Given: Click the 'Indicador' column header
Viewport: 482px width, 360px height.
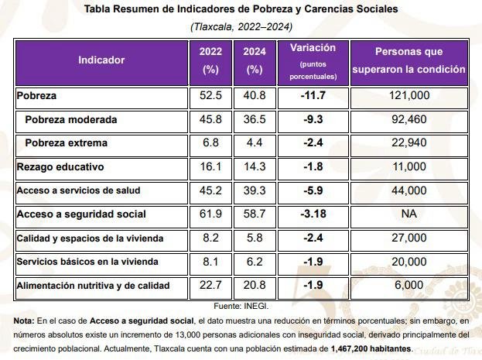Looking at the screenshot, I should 101,60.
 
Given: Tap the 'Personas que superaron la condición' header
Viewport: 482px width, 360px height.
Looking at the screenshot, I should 409,60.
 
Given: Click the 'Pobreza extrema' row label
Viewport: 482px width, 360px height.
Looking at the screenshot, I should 66,143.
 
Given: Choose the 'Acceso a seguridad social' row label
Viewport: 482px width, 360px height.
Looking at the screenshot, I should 81,214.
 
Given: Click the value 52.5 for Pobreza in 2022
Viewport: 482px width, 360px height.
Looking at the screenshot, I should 210,96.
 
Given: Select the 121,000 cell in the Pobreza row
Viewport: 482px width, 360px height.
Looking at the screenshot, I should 408,96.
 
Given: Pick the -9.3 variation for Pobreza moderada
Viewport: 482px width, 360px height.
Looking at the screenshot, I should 313,120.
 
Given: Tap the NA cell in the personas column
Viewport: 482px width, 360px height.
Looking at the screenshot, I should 408,214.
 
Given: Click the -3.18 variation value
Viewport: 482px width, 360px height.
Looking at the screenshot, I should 313,214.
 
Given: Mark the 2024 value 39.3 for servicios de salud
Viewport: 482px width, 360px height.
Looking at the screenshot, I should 254,190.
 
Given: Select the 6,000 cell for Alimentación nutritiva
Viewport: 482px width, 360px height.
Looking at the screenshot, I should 408,286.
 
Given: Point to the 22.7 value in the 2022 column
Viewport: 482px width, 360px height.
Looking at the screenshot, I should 210,286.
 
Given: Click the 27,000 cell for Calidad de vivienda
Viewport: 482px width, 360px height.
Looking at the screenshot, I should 408,238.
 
